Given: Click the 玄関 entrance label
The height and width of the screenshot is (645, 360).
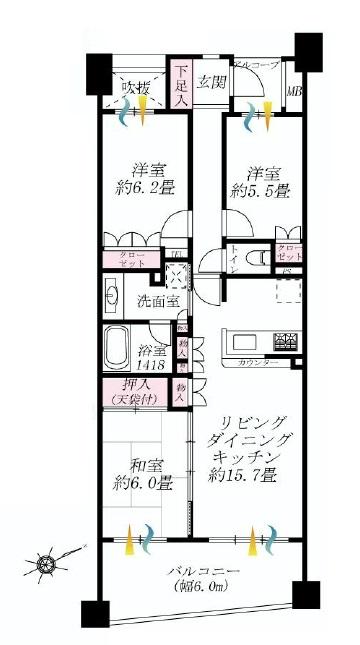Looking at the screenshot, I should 211,83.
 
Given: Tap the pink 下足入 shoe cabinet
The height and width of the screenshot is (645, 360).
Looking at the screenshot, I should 182,85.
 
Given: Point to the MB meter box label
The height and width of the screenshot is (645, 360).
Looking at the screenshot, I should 294,93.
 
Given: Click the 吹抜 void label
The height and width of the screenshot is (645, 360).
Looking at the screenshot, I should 137,87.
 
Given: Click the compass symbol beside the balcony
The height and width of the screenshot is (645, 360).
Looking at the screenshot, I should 47,565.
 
